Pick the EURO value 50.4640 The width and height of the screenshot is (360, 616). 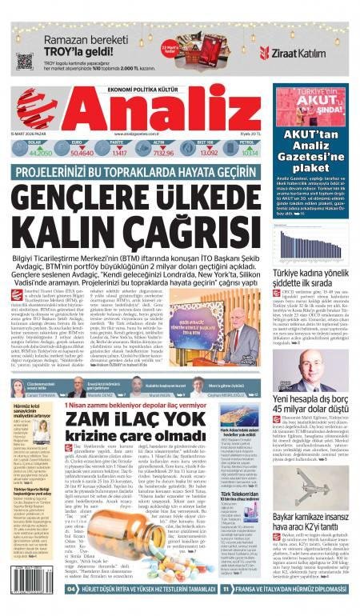(82, 151)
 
